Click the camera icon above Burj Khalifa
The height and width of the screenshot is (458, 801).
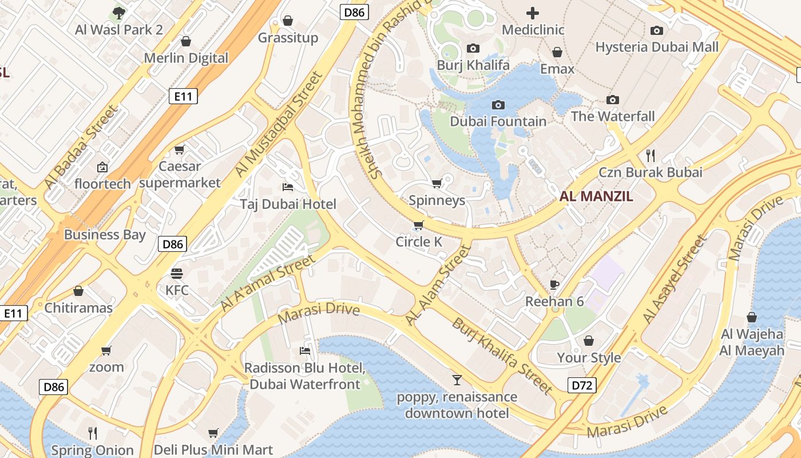(x=473, y=49)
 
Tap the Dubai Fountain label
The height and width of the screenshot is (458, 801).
(x=498, y=121)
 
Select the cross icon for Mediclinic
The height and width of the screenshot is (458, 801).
(x=533, y=13)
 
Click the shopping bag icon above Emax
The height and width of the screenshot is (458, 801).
(x=557, y=53)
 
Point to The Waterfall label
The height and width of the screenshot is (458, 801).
(x=612, y=116)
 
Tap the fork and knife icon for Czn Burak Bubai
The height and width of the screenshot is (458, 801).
(x=650, y=155)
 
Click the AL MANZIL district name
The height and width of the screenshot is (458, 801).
(x=596, y=196)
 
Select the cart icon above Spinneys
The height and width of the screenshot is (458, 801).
(x=437, y=184)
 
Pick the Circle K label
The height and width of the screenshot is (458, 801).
(x=419, y=242)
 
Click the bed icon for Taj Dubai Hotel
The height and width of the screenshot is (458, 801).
(x=288, y=187)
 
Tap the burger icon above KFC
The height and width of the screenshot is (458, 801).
(x=177, y=273)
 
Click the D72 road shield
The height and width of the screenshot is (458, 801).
(x=582, y=385)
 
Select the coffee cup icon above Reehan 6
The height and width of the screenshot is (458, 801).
(x=554, y=285)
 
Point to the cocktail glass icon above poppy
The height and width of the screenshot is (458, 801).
(x=457, y=380)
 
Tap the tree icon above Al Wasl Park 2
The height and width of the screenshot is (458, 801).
(x=118, y=13)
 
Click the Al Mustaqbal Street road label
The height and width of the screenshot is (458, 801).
(x=279, y=124)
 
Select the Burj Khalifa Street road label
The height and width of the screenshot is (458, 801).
(x=502, y=356)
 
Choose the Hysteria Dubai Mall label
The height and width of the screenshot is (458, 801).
(x=657, y=47)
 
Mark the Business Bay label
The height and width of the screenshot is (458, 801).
(x=105, y=234)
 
